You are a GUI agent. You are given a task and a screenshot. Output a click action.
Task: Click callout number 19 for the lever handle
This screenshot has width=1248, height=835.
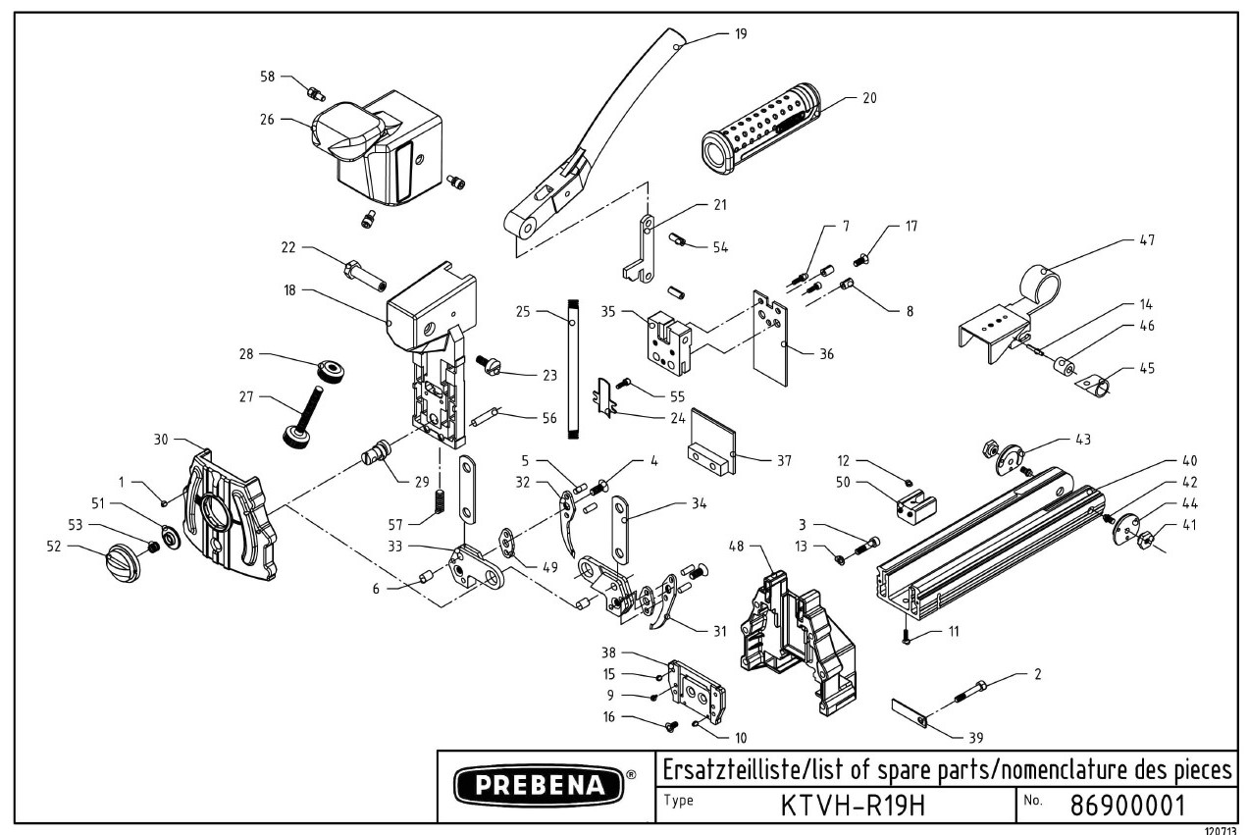tap(740, 33)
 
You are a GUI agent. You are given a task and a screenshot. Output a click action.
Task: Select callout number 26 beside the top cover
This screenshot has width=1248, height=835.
tap(267, 121)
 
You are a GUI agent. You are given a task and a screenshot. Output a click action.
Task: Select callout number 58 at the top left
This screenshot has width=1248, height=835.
tap(267, 76)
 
